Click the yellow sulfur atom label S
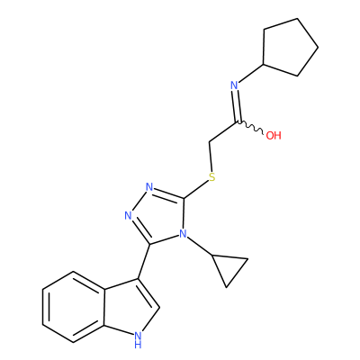click(212, 177)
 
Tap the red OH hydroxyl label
click(274, 136)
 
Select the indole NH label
click(138, 340)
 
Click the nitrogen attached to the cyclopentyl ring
click(234, 85)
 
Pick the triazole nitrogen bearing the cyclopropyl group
click(183, 234)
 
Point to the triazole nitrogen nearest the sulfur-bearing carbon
click(149, 187)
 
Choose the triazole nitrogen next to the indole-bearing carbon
click(129, 216)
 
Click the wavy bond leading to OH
click(250, 127)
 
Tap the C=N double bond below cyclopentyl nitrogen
click(237, 105)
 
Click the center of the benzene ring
click(74, 307)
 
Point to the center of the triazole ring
click(160, 215)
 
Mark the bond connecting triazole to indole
click(144, 261)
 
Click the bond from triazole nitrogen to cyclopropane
click(200, 247)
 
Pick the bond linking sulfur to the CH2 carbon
click(211, 157)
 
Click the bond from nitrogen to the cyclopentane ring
click(251, 73)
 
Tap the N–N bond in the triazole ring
click(139, 202)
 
